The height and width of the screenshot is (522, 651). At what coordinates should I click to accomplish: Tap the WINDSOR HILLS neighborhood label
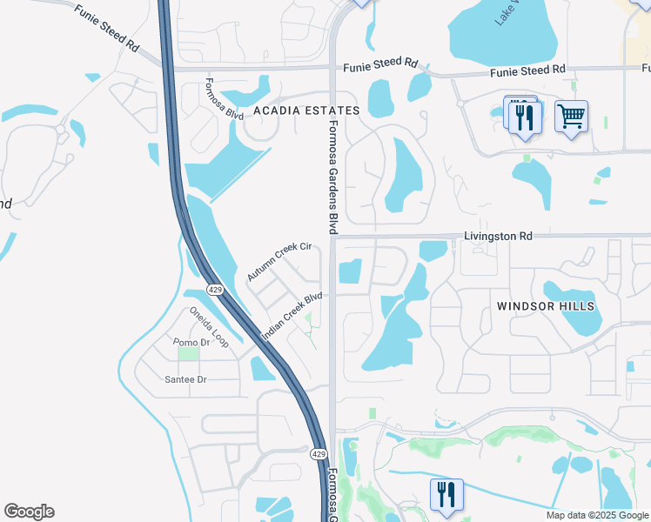click(546, 306)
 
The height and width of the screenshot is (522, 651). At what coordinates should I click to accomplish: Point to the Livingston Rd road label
click(497, 236)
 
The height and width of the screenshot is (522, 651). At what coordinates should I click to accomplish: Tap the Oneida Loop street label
click(209, 327)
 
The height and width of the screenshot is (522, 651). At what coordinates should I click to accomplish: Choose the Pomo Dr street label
click(191, 342)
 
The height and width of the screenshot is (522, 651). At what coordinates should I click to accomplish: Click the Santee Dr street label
click(185, 379)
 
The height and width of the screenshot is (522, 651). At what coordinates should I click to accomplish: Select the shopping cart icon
click(571, 116)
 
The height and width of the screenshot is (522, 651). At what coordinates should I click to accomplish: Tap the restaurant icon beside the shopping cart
click(523, 116)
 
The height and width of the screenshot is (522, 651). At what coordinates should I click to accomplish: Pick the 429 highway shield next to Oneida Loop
click(213, 288)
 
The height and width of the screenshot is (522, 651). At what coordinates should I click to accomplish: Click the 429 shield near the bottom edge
click(319, 454)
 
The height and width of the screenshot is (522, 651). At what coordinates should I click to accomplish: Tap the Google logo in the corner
click(29, 512)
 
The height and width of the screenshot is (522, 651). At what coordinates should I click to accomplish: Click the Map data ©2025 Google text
click(596, 515)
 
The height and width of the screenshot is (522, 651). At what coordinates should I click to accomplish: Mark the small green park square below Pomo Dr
click(187, 353)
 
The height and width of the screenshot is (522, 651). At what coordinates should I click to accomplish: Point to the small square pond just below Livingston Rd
click(350, 271)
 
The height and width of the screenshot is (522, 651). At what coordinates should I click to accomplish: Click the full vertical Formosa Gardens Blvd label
click(332, 177)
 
